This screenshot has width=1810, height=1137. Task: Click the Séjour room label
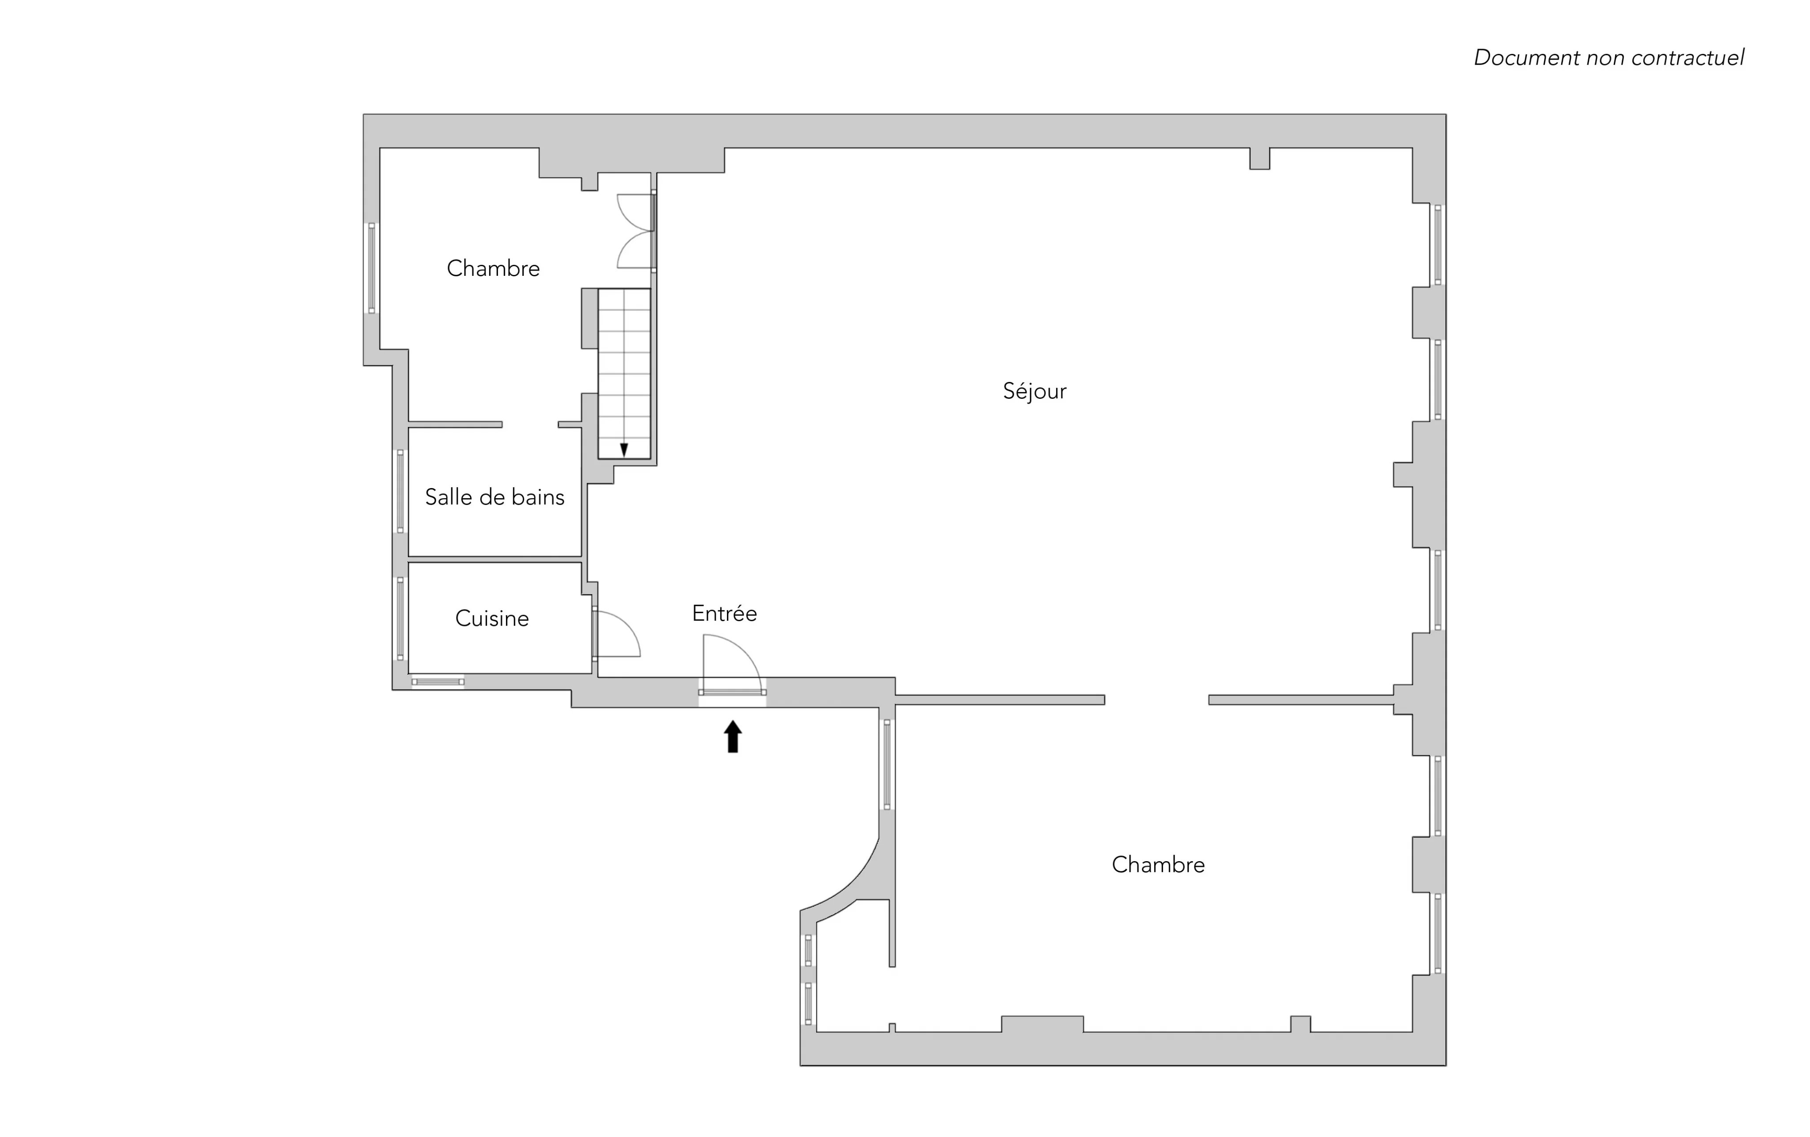[1034, 391]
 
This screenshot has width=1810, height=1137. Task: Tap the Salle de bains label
[494, 497]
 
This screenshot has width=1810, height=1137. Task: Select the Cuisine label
[492, 618]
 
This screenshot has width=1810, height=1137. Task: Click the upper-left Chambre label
[493, 268]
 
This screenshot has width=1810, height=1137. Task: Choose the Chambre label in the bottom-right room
[1158, 865]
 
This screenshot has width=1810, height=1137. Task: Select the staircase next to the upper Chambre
[624, 374]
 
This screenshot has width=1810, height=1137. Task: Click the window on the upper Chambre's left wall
[371, 268]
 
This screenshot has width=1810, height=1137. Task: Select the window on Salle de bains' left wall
[400, 491]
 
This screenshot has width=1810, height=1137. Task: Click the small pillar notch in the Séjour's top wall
[1260, 159]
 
